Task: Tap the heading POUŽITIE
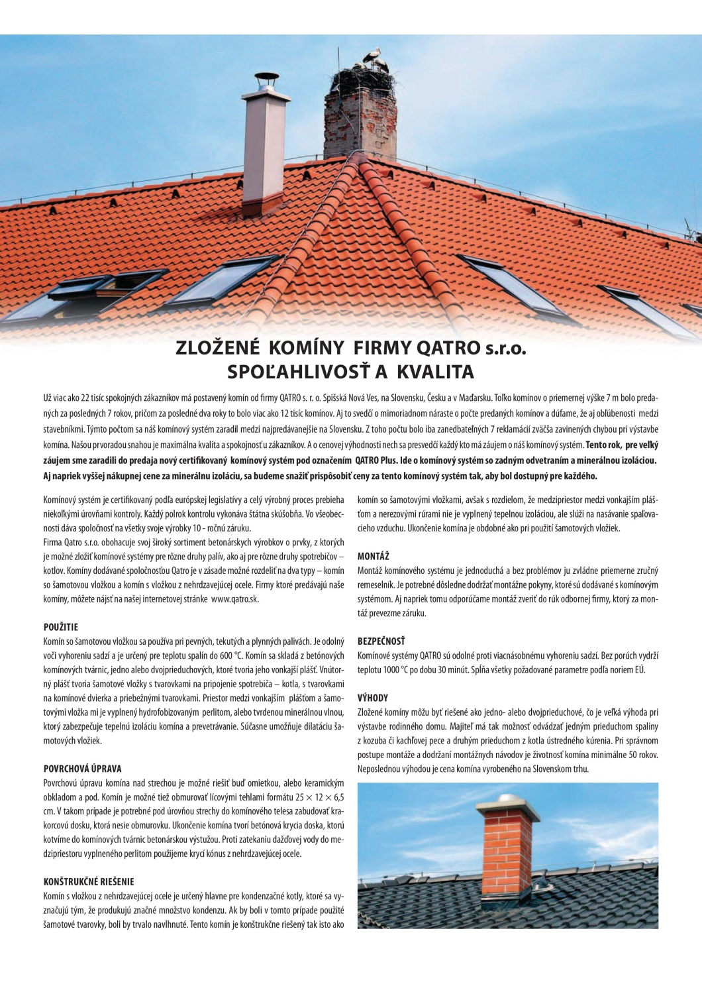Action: click(x=61, y=627)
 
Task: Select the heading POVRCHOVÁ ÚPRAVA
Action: click(x=83, y=769)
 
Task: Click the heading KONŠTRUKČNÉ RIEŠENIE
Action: click(x=89, y=882)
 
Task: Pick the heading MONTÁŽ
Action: click(x=374, y=556)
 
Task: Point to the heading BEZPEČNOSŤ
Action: click(x=381, y=641)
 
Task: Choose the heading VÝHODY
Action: click(x=373, y=698)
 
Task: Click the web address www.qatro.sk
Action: click(x=235, y=599)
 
